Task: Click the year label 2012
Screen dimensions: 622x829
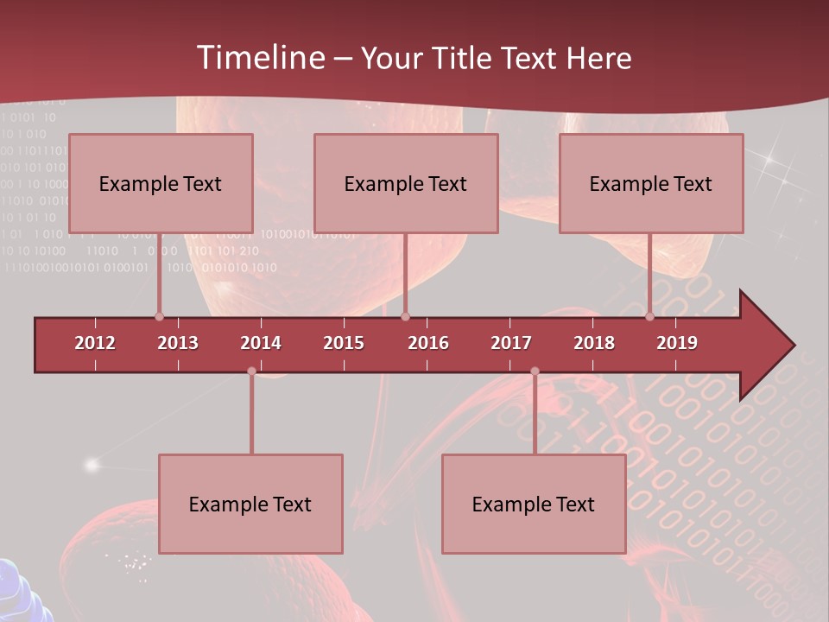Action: coord(95,343)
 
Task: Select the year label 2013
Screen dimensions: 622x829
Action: coord(178,343)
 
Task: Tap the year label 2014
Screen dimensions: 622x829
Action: coord(261,343)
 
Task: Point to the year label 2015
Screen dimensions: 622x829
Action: coord(344,343)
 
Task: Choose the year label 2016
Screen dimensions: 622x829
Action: coord(428,343)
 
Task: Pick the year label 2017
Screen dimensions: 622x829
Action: coord(511,343)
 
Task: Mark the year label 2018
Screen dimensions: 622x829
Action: coord(594,343)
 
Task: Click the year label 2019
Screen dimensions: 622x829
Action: coord(677,343)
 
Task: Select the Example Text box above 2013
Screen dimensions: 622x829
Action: coord(161,183)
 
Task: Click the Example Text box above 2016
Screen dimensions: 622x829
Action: coord(406,183)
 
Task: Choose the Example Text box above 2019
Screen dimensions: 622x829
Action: coord(651,183)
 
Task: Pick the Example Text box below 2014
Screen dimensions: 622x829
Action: coord(250,504)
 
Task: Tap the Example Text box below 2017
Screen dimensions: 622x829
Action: coord(534,504)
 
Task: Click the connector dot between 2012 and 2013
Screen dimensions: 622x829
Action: coord(159,317)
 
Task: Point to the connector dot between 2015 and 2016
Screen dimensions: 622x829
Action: coord(406,317)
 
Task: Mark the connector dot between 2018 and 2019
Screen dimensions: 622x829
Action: coord(650,317)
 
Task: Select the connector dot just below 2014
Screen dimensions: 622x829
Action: coord(251,371)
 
